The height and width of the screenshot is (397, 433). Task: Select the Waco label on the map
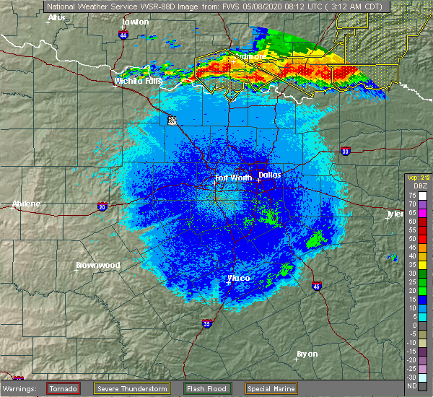[x=238, y=278]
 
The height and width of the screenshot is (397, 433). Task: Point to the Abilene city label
[x=26, y=204]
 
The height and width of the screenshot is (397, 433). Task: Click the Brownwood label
[x=97, y=265]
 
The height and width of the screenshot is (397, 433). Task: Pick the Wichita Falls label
[x=138, y=82]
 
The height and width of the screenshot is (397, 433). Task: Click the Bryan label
[x=307, y=354]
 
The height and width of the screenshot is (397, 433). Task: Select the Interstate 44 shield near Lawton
[x=123, y=34]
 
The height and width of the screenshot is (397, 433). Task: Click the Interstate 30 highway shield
[x=345, y=151]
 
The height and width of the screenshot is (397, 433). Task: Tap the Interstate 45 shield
[x=316, y=286]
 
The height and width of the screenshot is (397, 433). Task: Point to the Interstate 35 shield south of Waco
[x=208, y=323]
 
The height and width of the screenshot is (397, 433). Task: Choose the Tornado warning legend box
[x=64, y=388]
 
